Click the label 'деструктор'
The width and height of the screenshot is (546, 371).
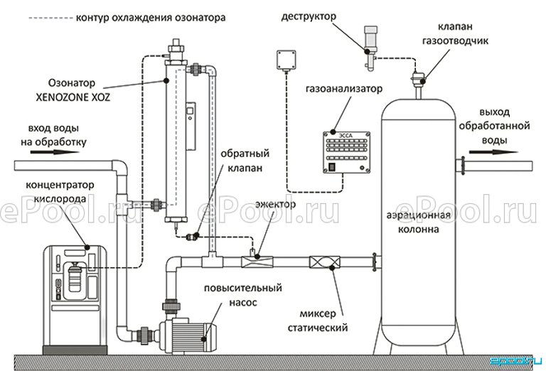(x=309, y=15)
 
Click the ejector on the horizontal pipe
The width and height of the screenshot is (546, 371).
(x=254, y=262)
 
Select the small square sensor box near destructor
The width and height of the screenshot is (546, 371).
(x=288, y=59)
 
